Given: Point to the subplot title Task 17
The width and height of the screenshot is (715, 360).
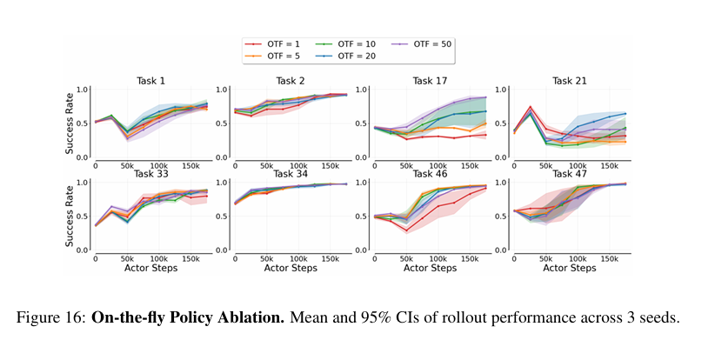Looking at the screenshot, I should click(430, 81).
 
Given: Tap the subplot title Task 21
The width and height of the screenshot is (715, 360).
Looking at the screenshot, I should click(570, 81).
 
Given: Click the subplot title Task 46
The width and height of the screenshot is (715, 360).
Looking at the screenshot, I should click(430, 174).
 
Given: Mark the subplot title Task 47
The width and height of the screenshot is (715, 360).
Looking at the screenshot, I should click(570, 174).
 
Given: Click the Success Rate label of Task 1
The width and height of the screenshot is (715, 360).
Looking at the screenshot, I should click(70, 123).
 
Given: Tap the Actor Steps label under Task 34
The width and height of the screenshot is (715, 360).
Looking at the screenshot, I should click(291, 268).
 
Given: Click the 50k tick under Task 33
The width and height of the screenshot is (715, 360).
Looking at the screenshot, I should click(126, 258).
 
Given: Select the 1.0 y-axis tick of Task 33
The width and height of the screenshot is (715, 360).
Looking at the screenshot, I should click(84, 183).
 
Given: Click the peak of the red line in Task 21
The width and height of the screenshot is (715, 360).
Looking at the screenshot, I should click(531, 107).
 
